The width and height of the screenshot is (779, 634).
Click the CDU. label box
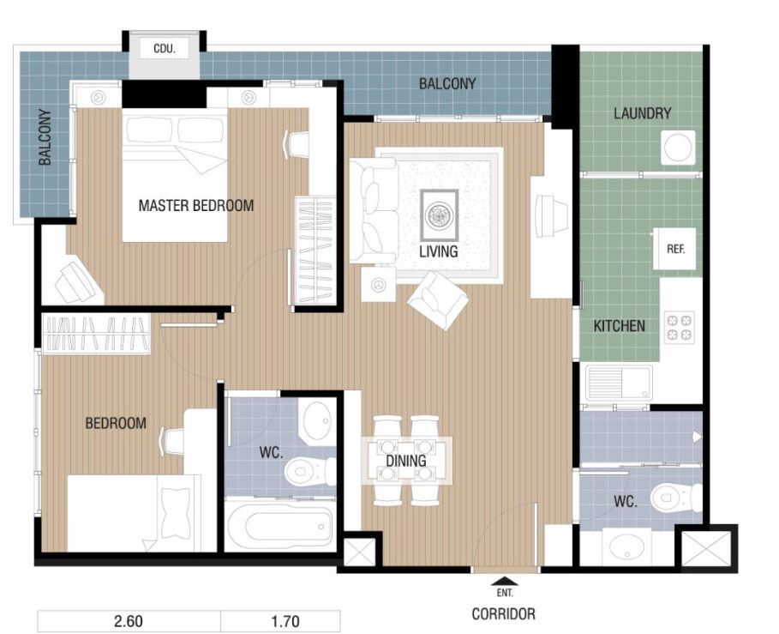(164, 49)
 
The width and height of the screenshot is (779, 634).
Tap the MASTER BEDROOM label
(195, 205)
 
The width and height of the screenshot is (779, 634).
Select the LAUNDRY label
(642, 113)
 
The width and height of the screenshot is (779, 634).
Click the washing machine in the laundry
(678, 148)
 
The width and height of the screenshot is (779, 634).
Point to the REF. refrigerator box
(674, 249)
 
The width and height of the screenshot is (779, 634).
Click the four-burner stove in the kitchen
(679, 327)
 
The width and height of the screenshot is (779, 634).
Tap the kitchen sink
(619, 383)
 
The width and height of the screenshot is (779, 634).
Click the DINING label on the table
(406, 461)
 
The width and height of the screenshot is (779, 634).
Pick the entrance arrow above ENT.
(504, 581)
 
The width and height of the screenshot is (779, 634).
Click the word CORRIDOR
(503, 614)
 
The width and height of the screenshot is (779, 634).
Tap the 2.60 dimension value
(129, 621)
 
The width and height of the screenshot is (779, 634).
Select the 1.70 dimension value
(285, 621)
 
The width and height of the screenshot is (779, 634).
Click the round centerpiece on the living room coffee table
(439, 215)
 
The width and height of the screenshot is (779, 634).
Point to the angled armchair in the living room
(438, 300)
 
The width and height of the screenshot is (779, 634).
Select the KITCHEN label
(619, 326)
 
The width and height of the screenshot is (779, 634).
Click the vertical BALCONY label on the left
(45, 137)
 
